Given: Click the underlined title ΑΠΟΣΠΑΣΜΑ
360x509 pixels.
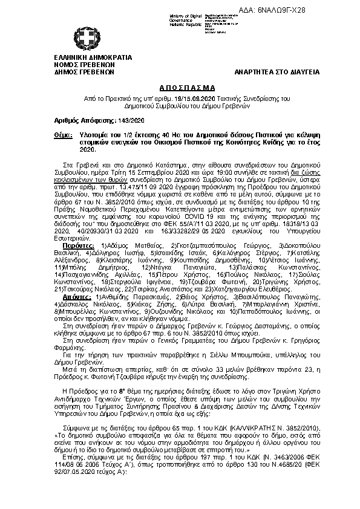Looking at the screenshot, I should tap(179, 87).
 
